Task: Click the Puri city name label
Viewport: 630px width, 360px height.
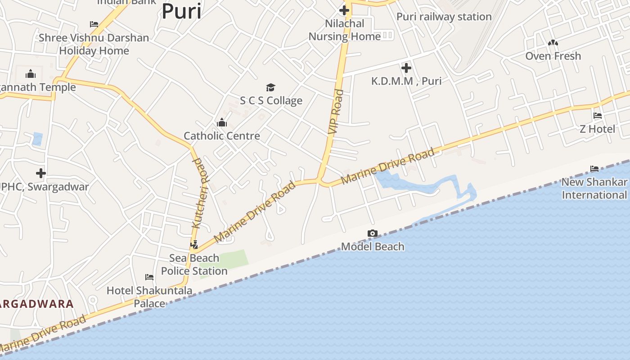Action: pyautogui.click(x=181, y=11)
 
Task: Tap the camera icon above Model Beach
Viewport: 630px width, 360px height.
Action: pyautogui.click(x=373, y=233)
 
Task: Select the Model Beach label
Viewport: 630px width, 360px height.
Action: pyautogui.click(x=373, y=247)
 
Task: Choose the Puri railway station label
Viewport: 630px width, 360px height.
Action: pyautogui.click(x=444, y=17)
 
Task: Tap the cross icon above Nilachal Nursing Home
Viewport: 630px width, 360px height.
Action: pyautogui.click(x=344, y=10)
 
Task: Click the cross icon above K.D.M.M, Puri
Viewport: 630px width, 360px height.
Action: pyautogui.click(x=406, y=68)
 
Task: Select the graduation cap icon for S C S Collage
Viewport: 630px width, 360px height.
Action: pyautogui.click(x=270, y=87)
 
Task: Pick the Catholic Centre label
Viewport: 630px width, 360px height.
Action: pyautogui.click(x=222, y=136)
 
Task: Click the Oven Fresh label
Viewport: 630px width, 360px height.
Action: pyautogui.click(x=553, y=56)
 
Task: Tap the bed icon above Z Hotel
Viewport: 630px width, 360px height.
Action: pyautogui.click(x=598, y=116)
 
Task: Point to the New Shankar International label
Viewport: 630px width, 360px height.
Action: pyautogui.click(x=594, y=189)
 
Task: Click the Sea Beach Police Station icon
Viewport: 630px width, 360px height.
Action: pyautogui.click(x=194, y=245)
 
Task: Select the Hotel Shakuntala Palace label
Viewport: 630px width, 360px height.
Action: pyautogui.click(x=149, y=297)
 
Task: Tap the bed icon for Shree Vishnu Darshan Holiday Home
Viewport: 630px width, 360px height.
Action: pyautogui.click(x=94, y=24)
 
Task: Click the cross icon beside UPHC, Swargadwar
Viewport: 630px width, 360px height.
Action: pyautogui.click(x=41, y=173)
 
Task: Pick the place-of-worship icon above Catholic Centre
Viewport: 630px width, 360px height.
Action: pyautogui.click(x=222, y=122)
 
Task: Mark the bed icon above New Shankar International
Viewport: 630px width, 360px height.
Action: pyautogui.click(x=594, y=169)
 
